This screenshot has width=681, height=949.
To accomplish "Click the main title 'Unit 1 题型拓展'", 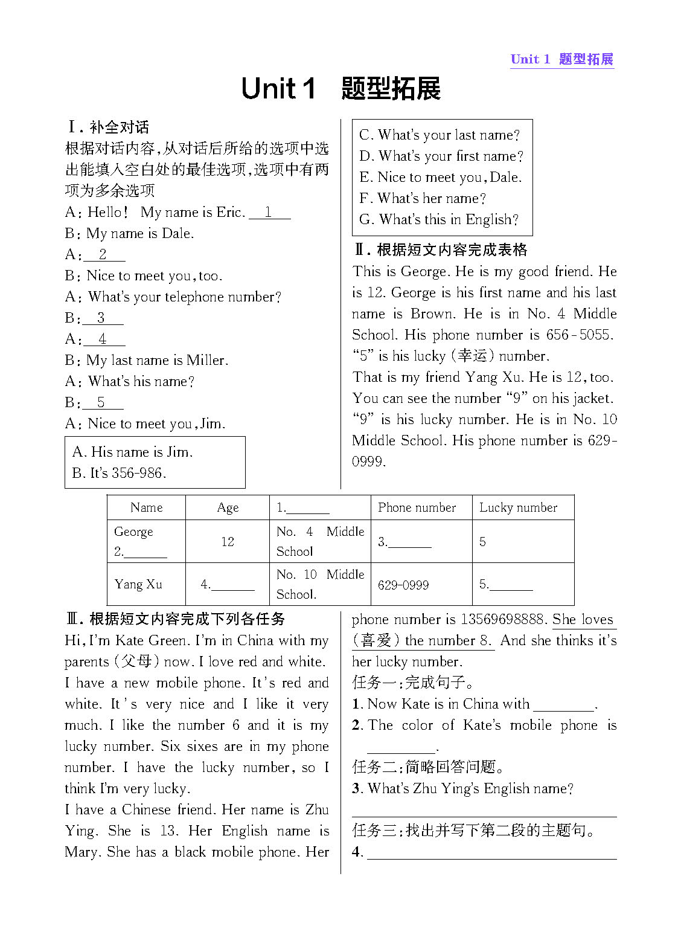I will [340, 89].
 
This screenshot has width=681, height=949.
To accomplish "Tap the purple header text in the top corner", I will [561, 59].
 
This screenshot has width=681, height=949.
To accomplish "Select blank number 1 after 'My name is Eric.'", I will [269, 213].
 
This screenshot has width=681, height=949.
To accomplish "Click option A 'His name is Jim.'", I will [132, 452].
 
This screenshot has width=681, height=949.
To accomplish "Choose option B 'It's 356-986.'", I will [119, 473].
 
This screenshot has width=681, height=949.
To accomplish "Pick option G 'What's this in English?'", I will [439, 220].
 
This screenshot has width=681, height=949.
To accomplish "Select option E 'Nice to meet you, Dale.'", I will [441, 178].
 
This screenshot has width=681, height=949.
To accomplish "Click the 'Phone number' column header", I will [417, 507].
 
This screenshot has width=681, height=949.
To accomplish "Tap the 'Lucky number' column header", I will [518, 507].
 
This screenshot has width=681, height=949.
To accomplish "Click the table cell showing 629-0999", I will [403, 585].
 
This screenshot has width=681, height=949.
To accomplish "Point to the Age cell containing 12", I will [227, 542].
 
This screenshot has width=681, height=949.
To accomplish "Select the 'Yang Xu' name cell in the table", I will [138, 584].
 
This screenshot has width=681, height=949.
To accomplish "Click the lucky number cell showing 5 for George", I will [482, 542].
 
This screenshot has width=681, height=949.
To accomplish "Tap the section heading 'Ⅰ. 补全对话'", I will [109, 127].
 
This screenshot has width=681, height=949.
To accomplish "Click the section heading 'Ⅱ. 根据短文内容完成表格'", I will [441, 250].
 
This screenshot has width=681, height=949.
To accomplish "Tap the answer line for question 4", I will [491, 853].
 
